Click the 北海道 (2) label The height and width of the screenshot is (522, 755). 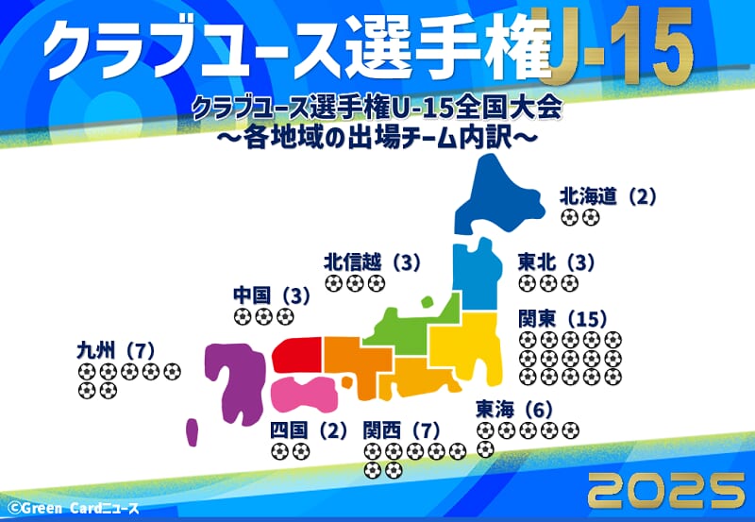608,196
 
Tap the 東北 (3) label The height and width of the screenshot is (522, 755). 556,262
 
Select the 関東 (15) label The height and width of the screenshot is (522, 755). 562,319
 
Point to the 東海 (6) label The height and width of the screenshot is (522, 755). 514,410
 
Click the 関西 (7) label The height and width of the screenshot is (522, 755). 402,430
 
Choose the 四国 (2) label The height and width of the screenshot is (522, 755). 309,430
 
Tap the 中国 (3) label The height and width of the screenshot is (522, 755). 272,295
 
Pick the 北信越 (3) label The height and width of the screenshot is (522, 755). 372,262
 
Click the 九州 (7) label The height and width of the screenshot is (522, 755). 116,350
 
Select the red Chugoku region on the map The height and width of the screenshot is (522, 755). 297,355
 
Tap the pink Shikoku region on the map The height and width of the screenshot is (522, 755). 303,394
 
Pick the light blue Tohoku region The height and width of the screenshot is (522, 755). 477,275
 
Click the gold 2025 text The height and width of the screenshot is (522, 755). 666,490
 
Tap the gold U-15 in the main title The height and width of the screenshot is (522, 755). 621,45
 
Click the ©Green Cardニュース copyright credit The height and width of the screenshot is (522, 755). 74,508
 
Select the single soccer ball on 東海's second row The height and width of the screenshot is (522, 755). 485,449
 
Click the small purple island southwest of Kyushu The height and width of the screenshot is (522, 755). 193,432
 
